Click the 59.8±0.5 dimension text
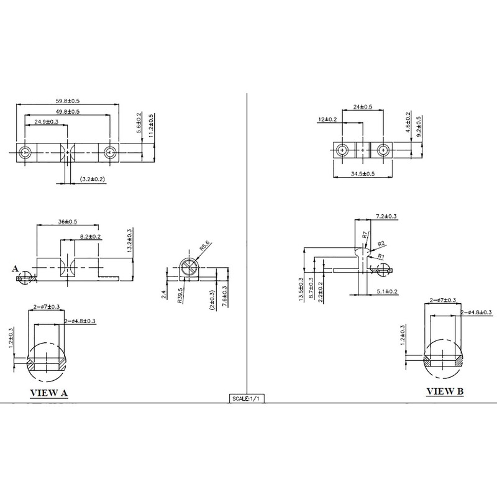(x=68, y=101)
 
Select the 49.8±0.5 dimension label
(x=68, y=112)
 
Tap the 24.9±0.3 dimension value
(x=46, y=122)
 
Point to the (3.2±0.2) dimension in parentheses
(x=92, y=179)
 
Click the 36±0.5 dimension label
(x=68, y=222)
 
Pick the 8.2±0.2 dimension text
(x=90, y=237)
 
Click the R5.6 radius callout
(x=204, y=245)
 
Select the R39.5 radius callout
(x=180, y=296)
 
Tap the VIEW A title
(x=49, y=393)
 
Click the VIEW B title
(x=445, y=392)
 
